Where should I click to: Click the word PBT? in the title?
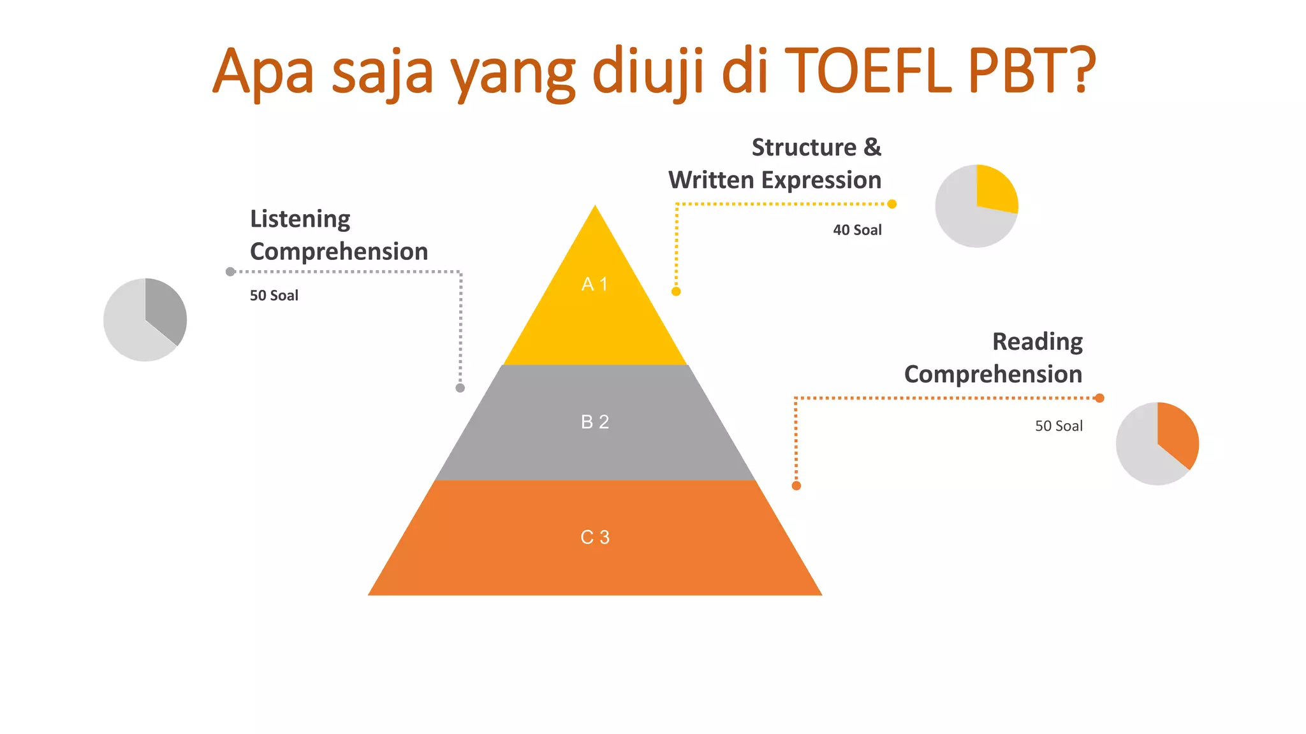(1032, 70)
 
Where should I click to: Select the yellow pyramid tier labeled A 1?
(595, 306)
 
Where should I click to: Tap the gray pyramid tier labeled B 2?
(595, 422)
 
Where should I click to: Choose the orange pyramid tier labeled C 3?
(595, 538)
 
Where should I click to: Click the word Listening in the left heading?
(300, 219)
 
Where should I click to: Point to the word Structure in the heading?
(803, 147)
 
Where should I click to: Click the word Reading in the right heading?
(1037, 342)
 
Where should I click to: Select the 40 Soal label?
(857, 230)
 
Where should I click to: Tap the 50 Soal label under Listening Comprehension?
(274, 296)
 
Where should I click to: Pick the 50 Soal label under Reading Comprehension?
(1059, 426)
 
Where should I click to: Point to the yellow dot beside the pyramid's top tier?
(676, 292)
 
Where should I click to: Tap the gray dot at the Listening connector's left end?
(230, 272)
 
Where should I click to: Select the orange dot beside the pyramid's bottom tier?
(796, 486)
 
